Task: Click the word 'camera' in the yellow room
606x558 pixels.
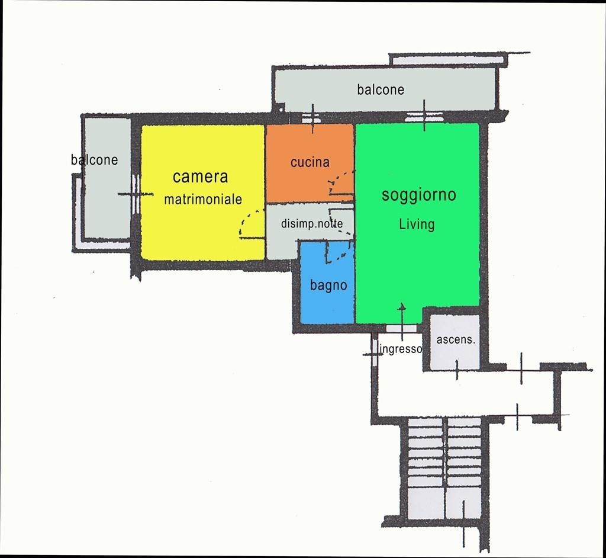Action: click(x=200, y=177)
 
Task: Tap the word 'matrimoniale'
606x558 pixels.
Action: click(x=203, y=199)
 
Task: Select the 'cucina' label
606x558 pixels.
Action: click(x=310, y=162)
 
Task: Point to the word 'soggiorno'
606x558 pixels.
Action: click(x=418, y=195)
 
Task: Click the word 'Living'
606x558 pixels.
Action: click(x=417, y=224)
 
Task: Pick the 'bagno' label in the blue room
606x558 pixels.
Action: click(x=328, y=286)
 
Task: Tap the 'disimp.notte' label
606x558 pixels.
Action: click(x=311, y=223)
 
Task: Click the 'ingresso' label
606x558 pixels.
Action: click(x=401, y=349)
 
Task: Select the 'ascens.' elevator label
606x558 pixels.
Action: click(x=456, y=339)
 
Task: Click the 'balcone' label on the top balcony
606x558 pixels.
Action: click(x=381, y=90)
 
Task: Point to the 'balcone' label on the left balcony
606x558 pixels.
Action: click(x=94, y=160)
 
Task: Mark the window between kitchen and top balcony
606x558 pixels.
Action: click(x=311, y=118)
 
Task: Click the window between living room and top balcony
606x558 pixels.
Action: click(x=424, y=117)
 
